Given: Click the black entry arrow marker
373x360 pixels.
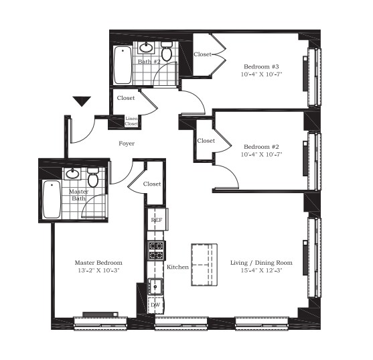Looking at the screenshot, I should coord(82,102).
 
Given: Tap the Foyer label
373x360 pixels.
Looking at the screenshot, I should coord(127,144).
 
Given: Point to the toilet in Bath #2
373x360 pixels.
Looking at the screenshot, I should coord(167,52).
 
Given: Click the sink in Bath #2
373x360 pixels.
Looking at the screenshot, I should coord(146,48).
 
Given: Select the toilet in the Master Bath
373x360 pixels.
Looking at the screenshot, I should coord(94,178).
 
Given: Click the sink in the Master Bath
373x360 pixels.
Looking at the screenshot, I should coord(73,175).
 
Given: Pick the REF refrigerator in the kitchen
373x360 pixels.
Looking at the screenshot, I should coord(156,220).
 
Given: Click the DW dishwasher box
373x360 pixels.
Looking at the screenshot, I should coord(155,304).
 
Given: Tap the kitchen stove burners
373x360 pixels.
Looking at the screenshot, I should coord(155,251).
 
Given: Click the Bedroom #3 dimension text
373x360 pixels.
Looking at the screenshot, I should coord(262,74).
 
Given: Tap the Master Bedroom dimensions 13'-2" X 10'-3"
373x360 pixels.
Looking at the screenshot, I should coord(98,271).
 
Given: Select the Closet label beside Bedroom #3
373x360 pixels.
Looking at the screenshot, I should coord(203,54).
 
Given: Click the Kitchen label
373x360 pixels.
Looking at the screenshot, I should coord(178,267).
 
